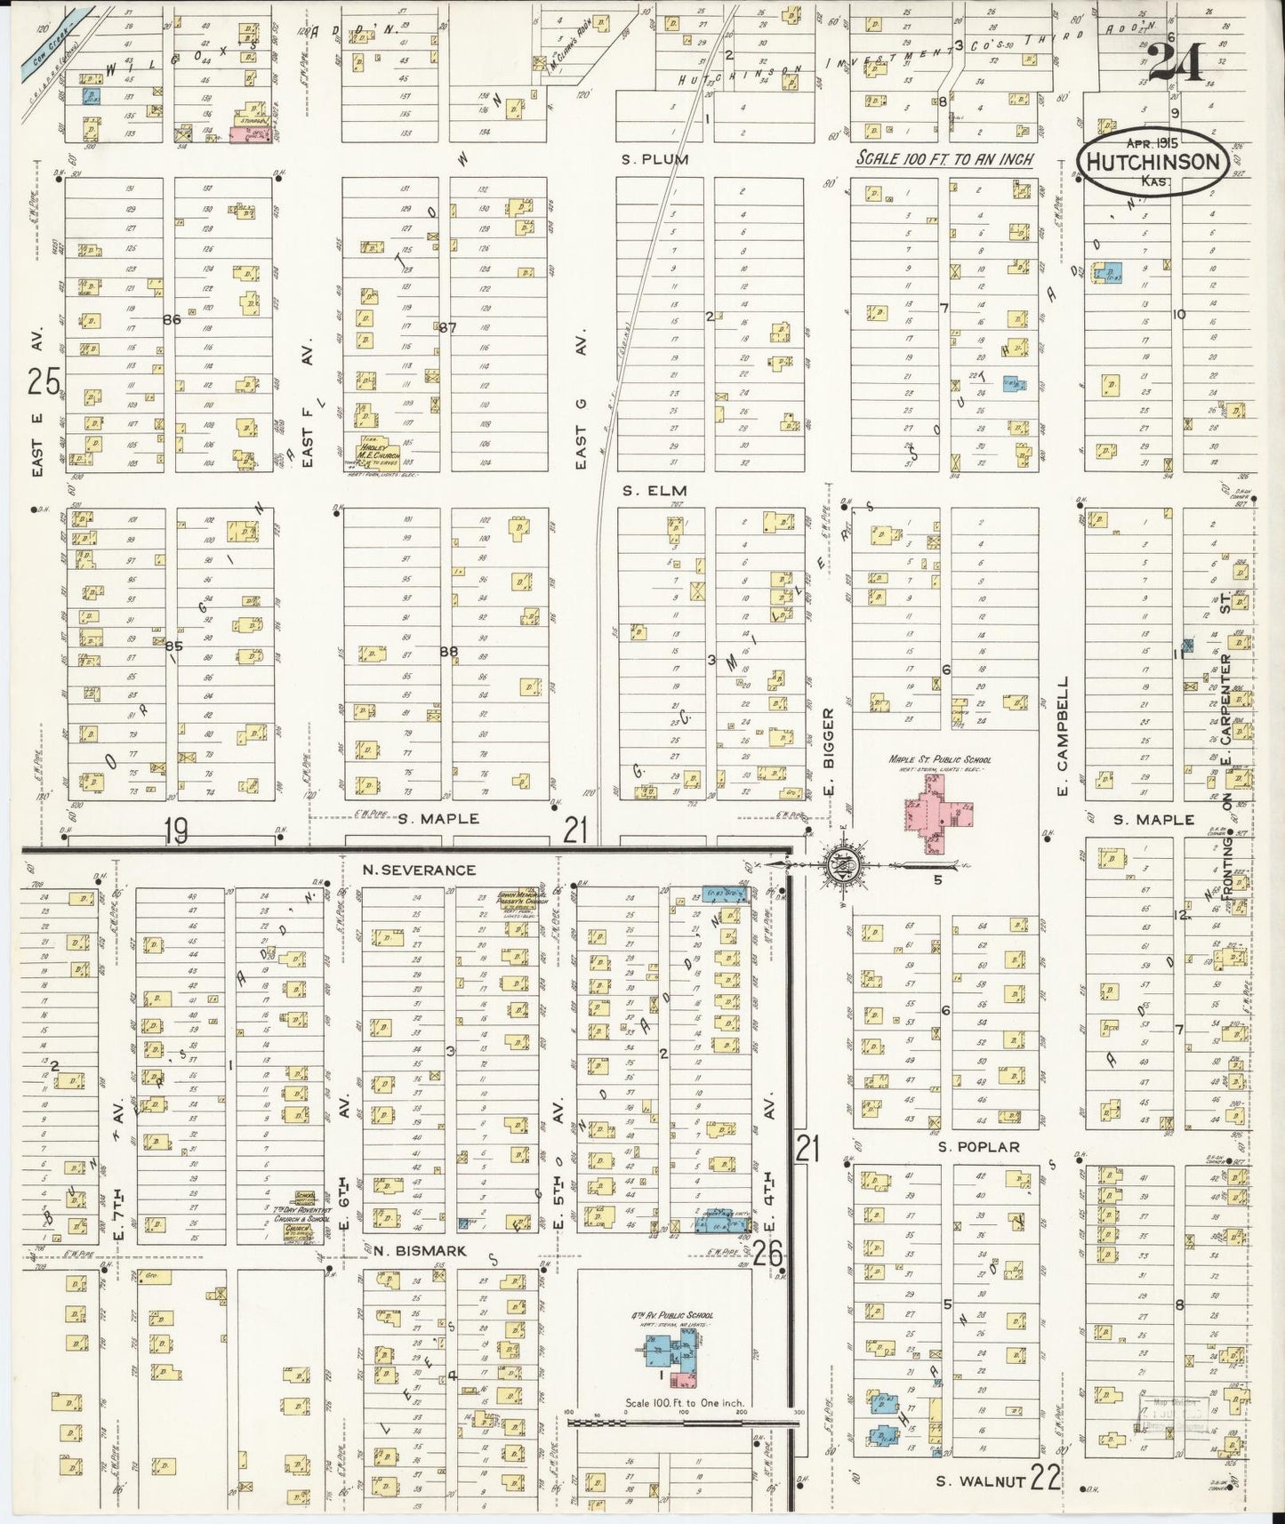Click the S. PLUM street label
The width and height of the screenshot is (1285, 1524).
click(x=655, y=159)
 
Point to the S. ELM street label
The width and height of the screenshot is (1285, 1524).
click(x=655, y=490)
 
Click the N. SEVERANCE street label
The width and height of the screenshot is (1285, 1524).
click(x=418, y=870)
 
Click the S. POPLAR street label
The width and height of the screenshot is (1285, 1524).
click(x=979, y=1147)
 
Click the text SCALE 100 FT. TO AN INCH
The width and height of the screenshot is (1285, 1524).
click(x=944, y=160)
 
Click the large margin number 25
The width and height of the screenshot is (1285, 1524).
click(x=43, y=382)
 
